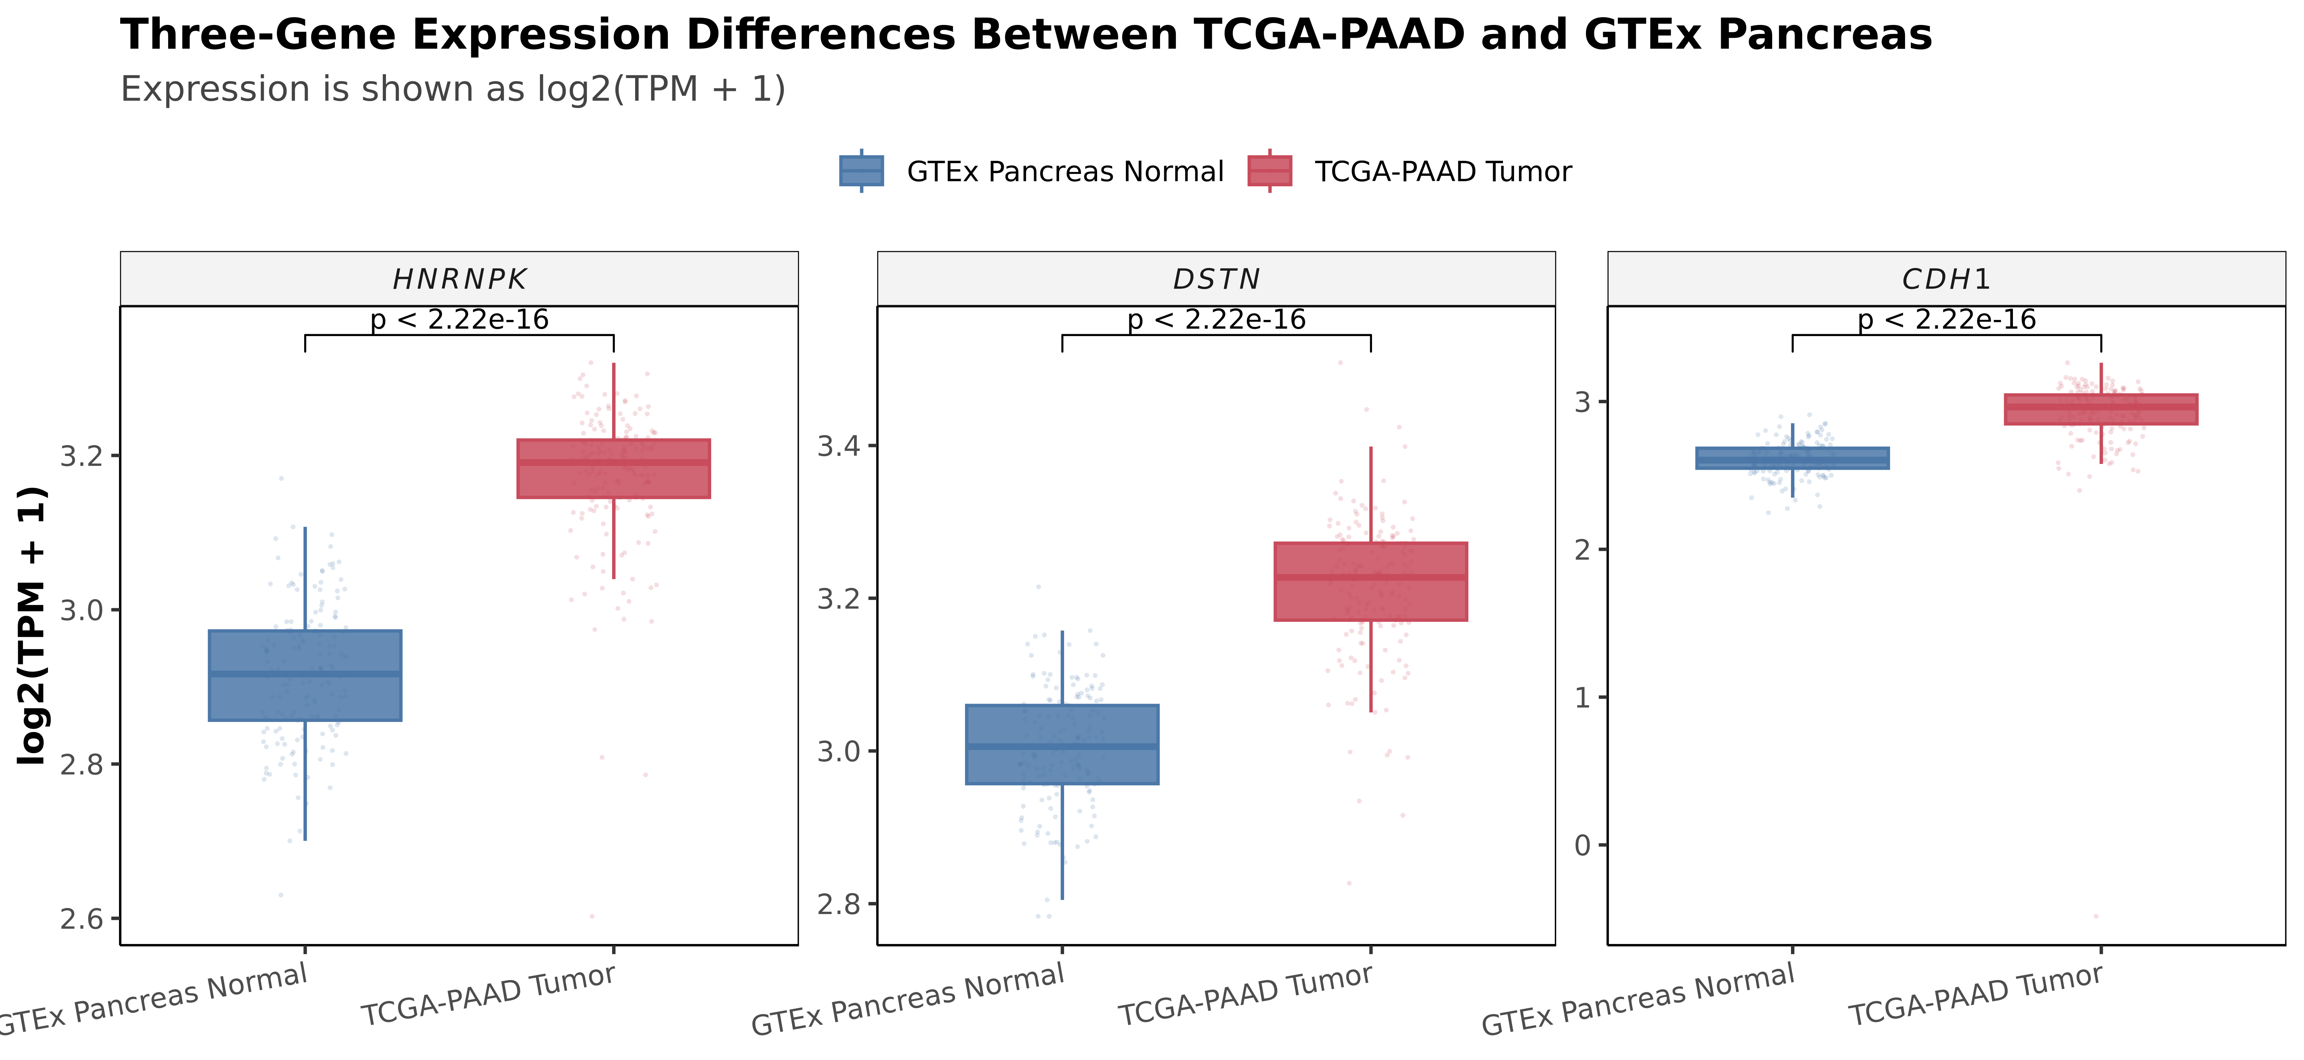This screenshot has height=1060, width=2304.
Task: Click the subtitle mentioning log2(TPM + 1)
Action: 453,89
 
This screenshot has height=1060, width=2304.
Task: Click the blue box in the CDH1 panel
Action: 1793,458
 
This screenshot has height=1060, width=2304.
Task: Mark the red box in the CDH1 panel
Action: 2101,409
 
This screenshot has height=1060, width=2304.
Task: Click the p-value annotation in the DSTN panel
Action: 1217,319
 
